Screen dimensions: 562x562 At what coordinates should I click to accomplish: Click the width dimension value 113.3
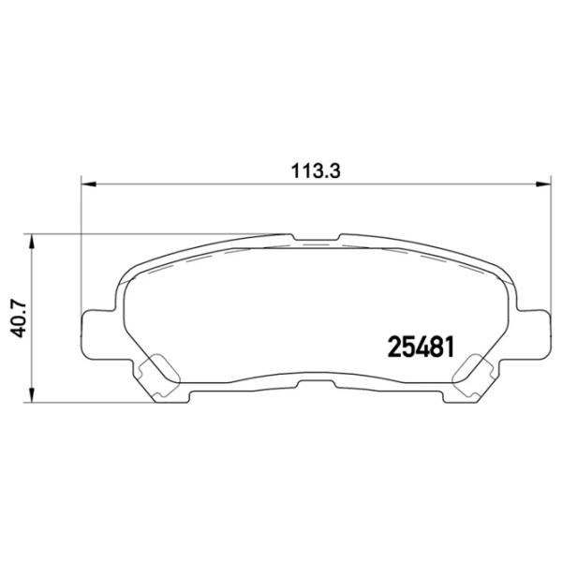314,170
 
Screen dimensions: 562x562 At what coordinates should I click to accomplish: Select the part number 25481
421,347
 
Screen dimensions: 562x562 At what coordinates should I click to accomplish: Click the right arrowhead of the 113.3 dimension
543,185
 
